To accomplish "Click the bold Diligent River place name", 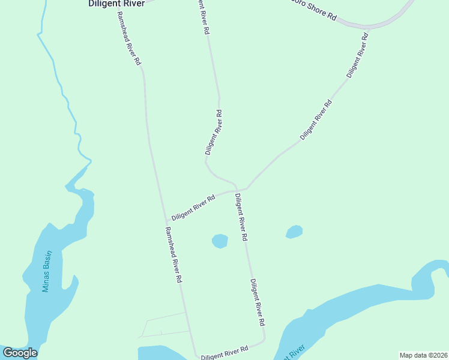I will pos(116,4).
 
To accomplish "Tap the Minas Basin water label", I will pos(47,271).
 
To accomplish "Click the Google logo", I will pos(20,353).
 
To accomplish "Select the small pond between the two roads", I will pos(220,241).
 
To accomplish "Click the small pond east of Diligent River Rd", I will pos(294,232).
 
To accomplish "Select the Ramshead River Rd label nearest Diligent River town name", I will pos(130,38).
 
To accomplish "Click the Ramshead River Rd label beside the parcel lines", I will pos(173,254).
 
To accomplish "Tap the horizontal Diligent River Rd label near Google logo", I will pos(225,353).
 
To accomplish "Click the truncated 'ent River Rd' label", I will pos(202,18).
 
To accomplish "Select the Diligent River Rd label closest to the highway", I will pos(357,54).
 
